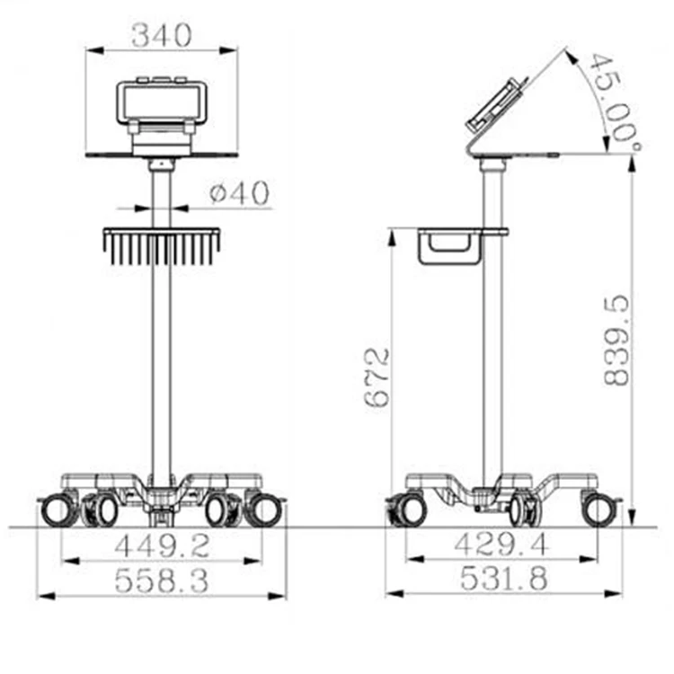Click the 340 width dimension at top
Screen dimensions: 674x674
coord(162,36)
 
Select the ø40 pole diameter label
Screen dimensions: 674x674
coord(239,194)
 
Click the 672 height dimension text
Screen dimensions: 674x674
coord(378,377)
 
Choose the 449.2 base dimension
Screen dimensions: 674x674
coord(162,545)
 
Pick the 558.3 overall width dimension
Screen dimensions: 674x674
coord(162,581)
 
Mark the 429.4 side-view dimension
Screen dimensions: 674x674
coord(502,545)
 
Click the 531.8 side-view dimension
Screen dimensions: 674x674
coord(502,581)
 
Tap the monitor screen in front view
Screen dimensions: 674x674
coord(163,101)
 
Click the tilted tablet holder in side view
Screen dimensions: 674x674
coord(497,107)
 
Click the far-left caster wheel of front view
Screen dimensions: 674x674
coord(58,510)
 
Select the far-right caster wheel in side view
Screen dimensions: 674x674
coord(599,510)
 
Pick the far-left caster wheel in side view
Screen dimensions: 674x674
coord(410,510)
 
